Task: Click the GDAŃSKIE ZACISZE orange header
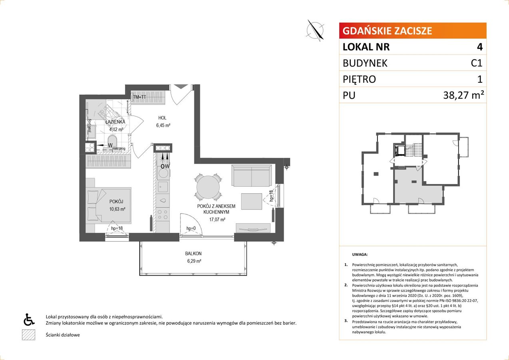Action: tap(412, 31)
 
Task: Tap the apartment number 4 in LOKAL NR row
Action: tap(479, 47)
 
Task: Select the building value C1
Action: tap(476, 63)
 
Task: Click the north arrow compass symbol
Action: tap(315, 30)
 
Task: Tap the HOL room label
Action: tap(162, 118)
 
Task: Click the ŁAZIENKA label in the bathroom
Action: tap(116, 122)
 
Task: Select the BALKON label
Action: tap(193, 254)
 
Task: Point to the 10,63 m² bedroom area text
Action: tap(118, 208)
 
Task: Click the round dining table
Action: tap(207, 187)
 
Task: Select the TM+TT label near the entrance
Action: tap(140, 97)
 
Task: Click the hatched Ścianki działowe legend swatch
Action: tap(28, 335)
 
